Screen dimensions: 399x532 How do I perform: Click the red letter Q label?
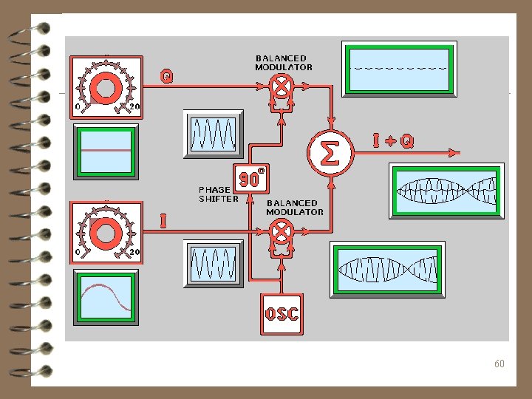pos(168,75)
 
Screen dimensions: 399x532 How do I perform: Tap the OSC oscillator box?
pos(282,314)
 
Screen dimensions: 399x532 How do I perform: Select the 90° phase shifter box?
pos(250,177)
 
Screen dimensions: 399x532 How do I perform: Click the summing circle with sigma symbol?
pos(330,153)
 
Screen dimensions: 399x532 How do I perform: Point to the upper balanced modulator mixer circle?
pos(281,87)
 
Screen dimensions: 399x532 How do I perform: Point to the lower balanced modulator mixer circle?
pos(281,232)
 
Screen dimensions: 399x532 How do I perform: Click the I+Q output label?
pos(392,139)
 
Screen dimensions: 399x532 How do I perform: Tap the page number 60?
pos(499,364)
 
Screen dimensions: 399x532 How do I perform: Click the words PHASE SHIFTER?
pos(218,194)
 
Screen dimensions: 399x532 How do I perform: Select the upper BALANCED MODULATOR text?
pos(284,63)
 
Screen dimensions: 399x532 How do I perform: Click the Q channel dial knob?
pos(106,88)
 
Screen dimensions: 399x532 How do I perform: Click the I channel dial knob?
pos(106,232)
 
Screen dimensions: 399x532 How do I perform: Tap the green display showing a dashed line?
pos(399,69)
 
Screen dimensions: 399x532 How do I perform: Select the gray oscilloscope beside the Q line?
pos(213,134)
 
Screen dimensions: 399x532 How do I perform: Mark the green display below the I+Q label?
pos(446,191)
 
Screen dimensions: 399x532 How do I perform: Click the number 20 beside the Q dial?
pos(134,106)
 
